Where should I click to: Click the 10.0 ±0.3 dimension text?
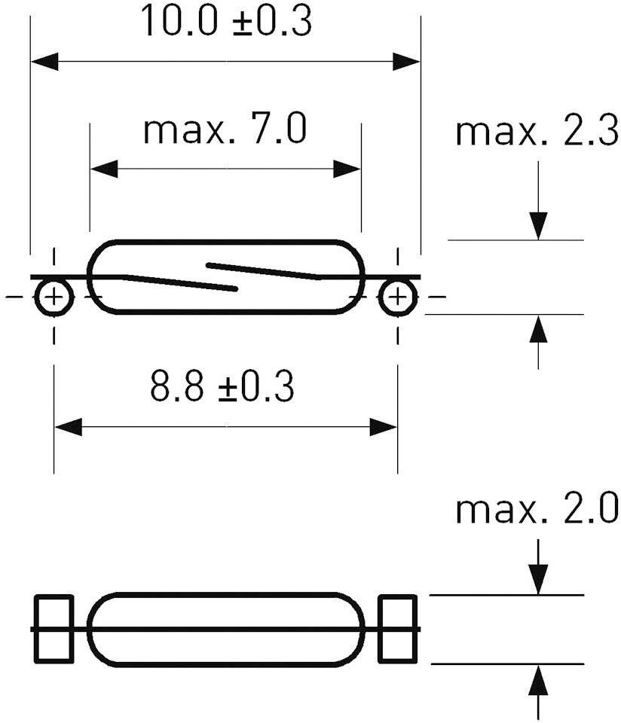coord(226,23)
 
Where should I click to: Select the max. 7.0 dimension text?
coord(225,130)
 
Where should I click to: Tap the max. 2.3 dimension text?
coord(537,133)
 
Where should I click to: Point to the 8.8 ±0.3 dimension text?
coord(222,389)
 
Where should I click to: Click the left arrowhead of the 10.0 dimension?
coord(44,61)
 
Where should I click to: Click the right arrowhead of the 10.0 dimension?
coord(406,61)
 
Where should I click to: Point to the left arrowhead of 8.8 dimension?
coord(68,427)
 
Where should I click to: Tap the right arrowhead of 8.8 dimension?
coord(384,427)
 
